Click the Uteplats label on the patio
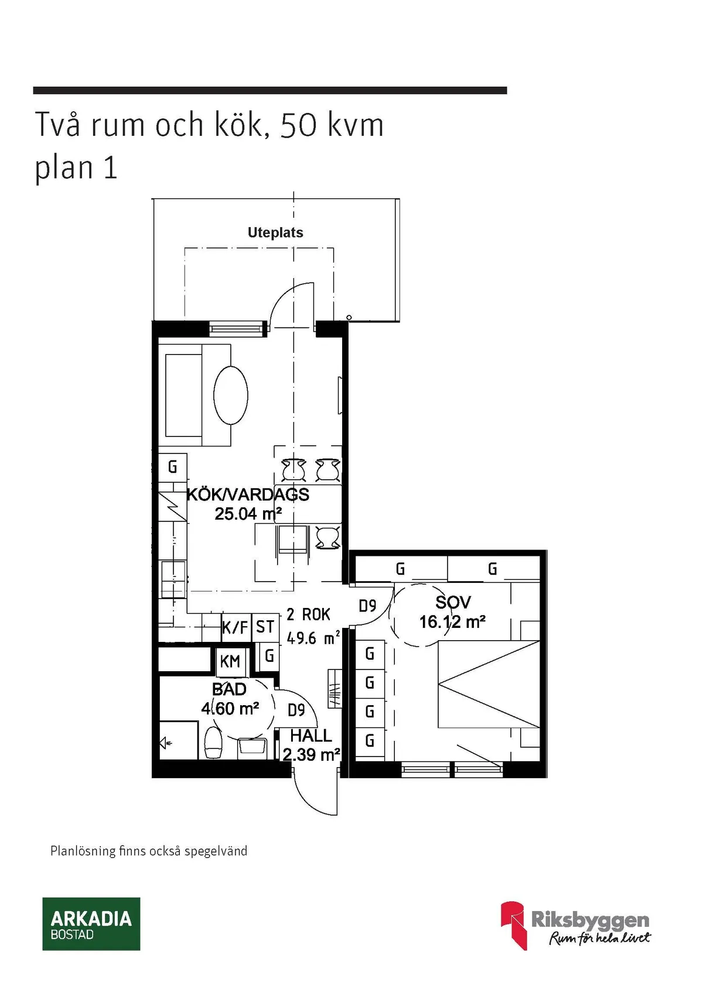(275, 233)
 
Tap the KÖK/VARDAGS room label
(248, 494)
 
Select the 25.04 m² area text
(248, 514)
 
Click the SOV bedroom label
(453, 602)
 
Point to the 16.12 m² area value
(452, 621)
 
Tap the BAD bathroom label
(229, 689)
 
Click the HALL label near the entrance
(311, 736)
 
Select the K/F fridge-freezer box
(236, 628)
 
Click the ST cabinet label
(265, 627)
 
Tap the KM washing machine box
(230, 662)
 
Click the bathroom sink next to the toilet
(252, 747)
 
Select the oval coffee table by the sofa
(230, 395)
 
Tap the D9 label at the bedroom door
(367, 606)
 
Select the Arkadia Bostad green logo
(91, 923)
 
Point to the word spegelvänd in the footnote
(216, 851)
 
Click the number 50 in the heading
(299, 125)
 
